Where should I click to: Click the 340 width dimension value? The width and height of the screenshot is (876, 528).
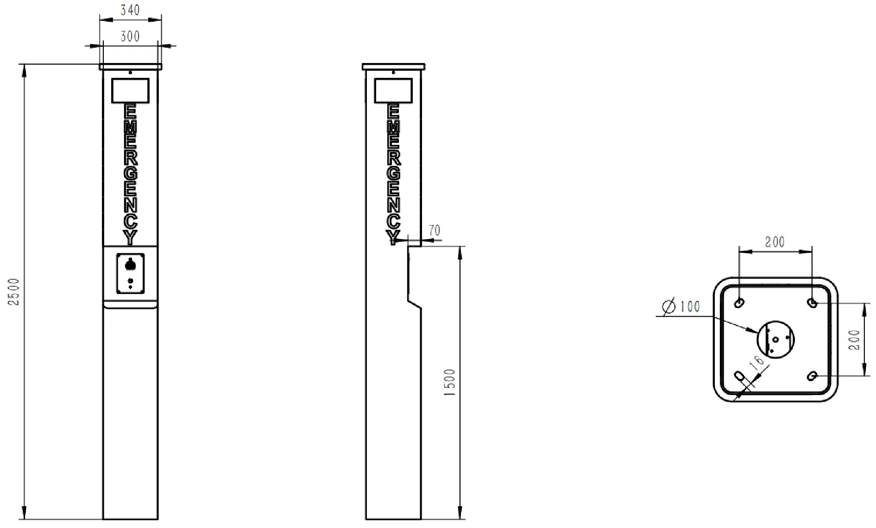tap(130, 10)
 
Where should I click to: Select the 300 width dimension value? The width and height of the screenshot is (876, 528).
tap(130, 37)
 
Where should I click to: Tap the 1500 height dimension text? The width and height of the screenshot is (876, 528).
tap(450, 382)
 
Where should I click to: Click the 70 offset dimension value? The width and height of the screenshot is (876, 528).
tap(434, 230)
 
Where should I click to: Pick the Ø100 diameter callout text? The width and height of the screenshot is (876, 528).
tap(681, 307)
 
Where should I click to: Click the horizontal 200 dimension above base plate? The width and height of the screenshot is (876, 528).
tap(775, 242)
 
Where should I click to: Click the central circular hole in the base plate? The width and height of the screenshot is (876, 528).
tap(775, 339)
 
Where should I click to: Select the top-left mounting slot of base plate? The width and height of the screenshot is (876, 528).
tap(739, 303)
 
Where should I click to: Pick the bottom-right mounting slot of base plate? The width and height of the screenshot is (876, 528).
tap(812, 376)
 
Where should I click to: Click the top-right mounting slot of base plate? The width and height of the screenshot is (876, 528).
tap(812, 303)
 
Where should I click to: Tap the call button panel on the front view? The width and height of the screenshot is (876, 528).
tap(130, 273)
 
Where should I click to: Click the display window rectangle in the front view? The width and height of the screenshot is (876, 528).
tap(130, 90)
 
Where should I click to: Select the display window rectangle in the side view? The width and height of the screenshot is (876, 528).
tap(393, 90)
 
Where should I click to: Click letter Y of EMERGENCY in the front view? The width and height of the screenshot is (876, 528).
tap(131, 238)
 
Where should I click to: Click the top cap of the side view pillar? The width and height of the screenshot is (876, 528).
tap(393, 67)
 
